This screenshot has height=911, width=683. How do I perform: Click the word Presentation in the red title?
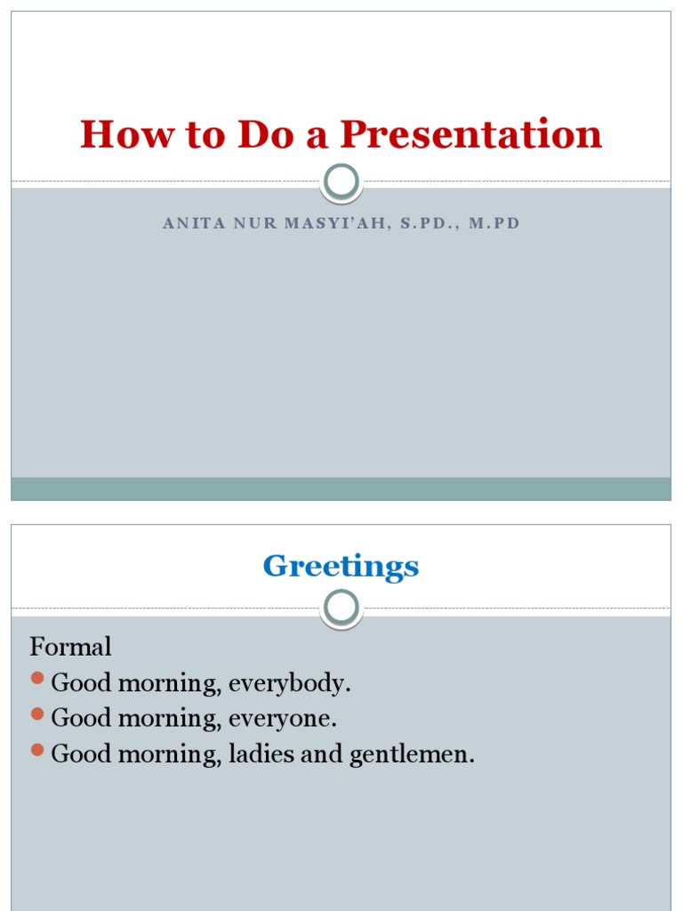[x=471, y=135]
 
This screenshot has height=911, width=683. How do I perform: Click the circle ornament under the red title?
[x=341, y=182]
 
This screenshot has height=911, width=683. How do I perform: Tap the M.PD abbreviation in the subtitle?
[x=494, y=223]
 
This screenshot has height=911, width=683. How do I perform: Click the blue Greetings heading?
[x=341, y=567]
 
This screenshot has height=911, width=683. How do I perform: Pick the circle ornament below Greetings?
[x=341, y=609]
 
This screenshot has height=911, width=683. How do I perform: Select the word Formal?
[x=71, y=646]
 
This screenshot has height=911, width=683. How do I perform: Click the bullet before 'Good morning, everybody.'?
[x=37, y=680]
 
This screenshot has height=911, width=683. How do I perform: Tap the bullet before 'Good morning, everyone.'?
[x=37, y=714]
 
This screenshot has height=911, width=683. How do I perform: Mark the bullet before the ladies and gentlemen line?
[x=37, y=750]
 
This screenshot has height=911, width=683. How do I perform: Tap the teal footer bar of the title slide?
[x=341, y=488]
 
